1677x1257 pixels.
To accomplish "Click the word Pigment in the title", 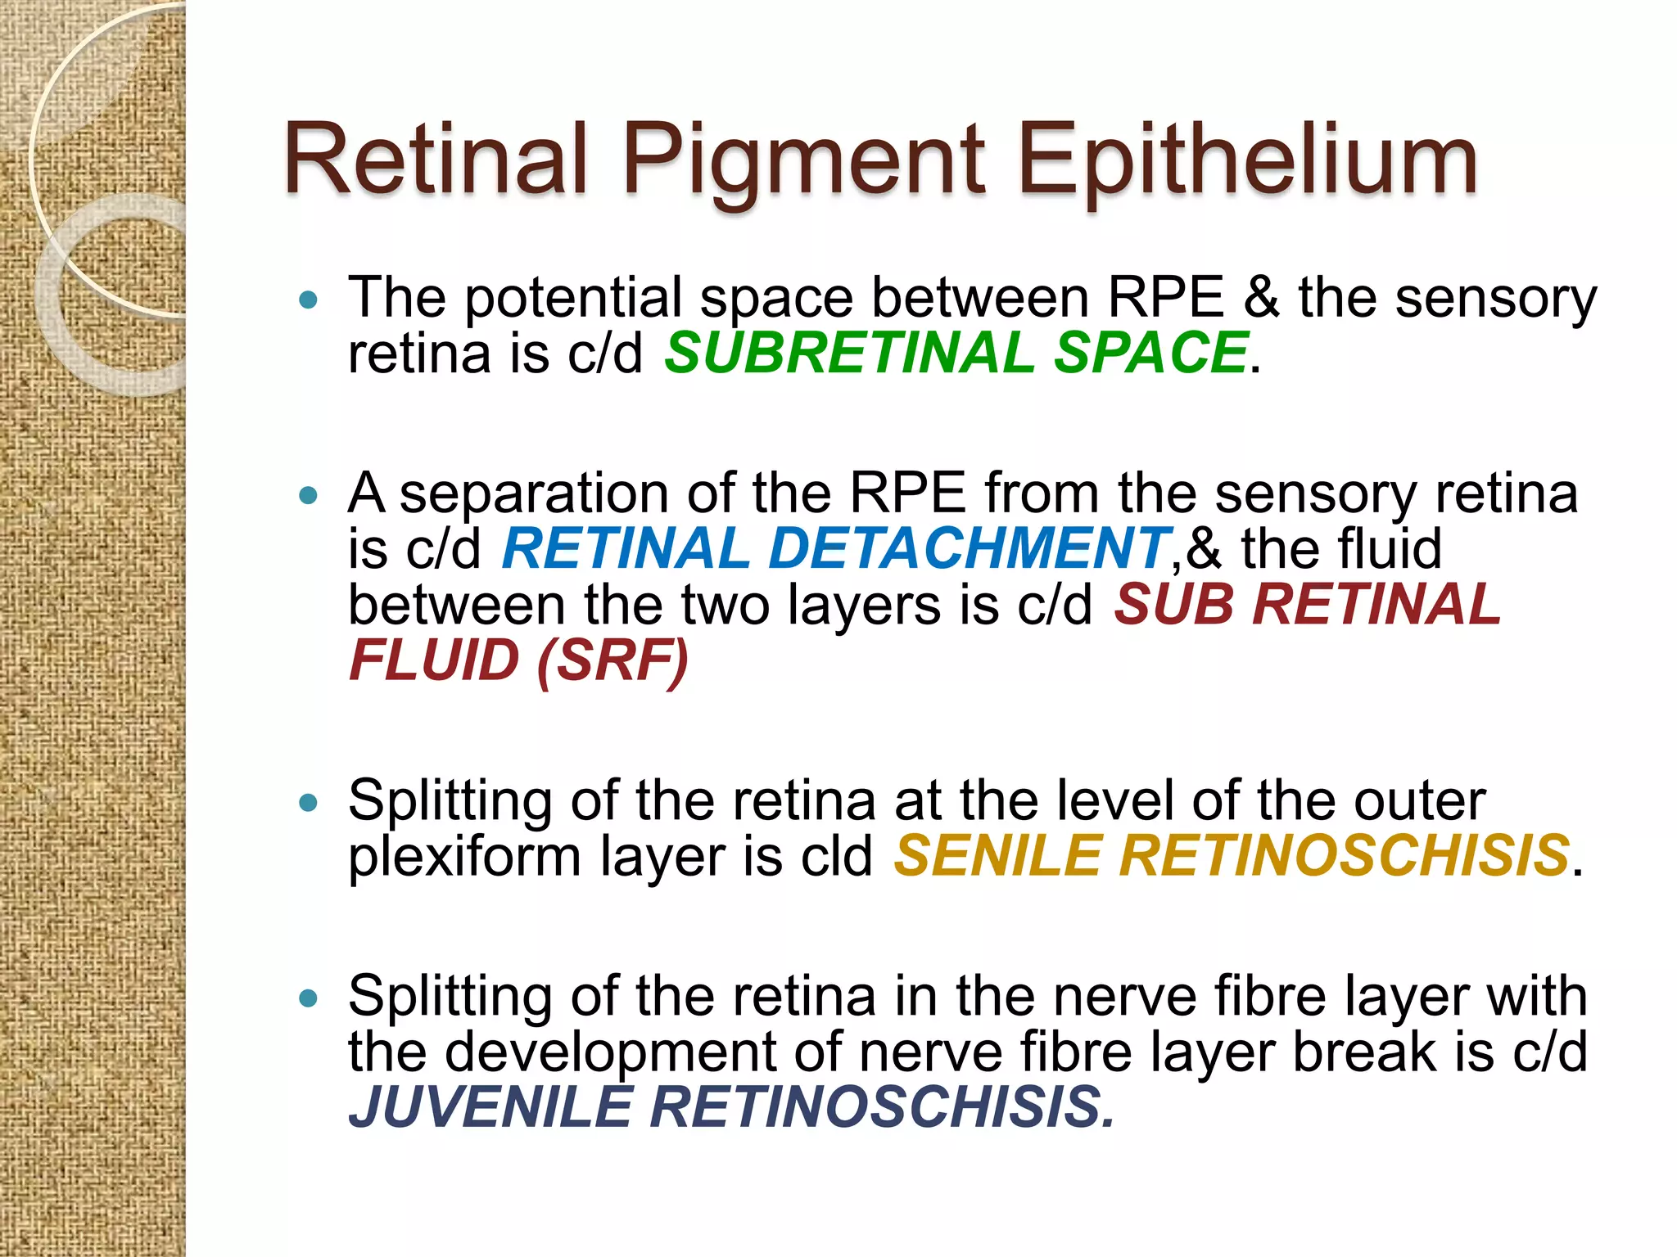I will pyautogui.click(x=803, y=161).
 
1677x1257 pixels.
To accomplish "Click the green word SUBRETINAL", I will pyautogui.click(x=849, y=353).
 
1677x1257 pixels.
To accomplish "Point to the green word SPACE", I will pyautogui.click(x=1150, y=353).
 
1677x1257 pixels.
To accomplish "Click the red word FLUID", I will pyautogui.click(x=434, y=660).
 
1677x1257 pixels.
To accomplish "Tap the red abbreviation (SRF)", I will pyautogui.click(x=613, y=660).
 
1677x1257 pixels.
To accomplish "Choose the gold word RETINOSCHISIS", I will pyautogui.click(x=1344, y=856).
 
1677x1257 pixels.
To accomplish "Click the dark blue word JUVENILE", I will pyautogui.click(x=490, y=1107).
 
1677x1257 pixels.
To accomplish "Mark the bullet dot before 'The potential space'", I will pyautogui.click(x=309, y=300).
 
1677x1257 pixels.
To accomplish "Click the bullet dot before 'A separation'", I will pyautogui.click(x=309, y=496).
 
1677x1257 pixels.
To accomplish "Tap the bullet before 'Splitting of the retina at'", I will pyautogui.click(x=309, y=803).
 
